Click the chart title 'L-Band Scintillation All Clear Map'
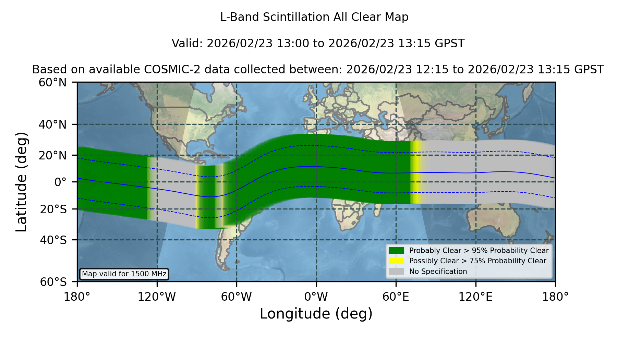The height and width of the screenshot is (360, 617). pos(314,17)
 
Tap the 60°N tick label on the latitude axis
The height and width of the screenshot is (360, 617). pos(52,82)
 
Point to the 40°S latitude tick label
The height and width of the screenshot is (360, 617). pos(53,240)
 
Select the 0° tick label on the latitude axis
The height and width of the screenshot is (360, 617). pos(60,182)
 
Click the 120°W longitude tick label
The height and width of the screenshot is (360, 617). pos(157,297)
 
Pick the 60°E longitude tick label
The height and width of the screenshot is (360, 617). pos(396,297)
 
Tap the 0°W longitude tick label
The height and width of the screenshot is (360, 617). pos(316,297)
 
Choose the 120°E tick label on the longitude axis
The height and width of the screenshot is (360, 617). pos(476,297)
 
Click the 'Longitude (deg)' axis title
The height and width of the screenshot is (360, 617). pos(316,314)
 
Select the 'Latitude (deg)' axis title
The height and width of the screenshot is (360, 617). pos(21,182)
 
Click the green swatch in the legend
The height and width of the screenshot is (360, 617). pos(397,250)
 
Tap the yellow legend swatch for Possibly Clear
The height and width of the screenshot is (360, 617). pos(397,261)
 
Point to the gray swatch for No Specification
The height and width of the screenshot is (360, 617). pos(397,272)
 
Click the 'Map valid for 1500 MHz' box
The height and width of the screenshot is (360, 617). pos(124,274)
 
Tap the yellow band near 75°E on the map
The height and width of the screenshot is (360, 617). pos(415,172)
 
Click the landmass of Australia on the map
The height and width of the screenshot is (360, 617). pos(494,219)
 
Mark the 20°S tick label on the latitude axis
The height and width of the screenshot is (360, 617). pos(53,209)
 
